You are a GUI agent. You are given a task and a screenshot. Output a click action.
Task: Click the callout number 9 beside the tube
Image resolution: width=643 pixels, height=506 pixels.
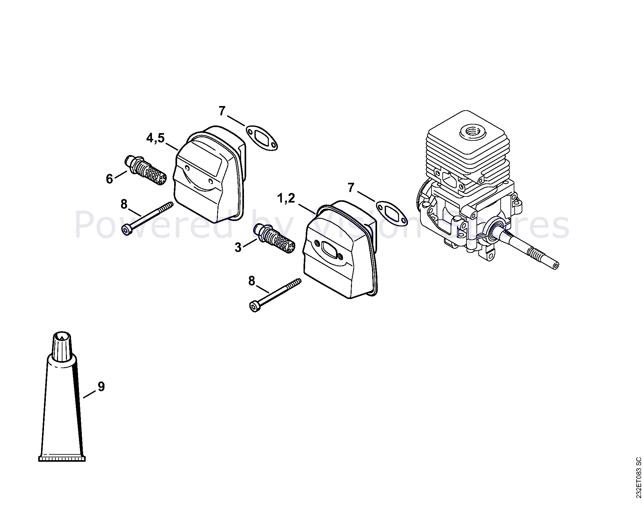click(101, 386)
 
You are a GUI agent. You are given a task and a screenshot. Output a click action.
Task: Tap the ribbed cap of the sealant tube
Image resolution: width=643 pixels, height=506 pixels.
click(62, 346)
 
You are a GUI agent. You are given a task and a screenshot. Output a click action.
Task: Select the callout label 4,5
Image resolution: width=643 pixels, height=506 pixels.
click(155, 138)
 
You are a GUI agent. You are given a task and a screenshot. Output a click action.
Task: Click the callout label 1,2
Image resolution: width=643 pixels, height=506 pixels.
click(286, 198)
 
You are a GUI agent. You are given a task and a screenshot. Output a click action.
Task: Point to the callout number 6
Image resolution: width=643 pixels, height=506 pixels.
click(110, 179)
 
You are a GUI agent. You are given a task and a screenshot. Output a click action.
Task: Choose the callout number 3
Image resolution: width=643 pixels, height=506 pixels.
click(238, 247)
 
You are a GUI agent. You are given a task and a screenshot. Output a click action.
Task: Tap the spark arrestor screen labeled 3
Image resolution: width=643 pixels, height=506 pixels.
click(274, 239)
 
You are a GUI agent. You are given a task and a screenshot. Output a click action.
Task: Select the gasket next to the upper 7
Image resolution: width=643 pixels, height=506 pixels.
click(261, 138)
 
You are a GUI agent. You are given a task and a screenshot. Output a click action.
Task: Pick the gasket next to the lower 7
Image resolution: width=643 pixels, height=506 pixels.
click(391, 213)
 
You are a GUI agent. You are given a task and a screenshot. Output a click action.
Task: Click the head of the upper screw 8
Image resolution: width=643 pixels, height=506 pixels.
click(126, 229)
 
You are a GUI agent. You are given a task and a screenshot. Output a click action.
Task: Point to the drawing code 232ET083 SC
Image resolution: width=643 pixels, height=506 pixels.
click(638, 477)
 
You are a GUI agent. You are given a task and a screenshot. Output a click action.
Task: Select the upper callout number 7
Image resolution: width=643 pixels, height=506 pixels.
click(222, 111)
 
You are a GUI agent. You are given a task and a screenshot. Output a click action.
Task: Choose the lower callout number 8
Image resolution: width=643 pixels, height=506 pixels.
click(252, 281)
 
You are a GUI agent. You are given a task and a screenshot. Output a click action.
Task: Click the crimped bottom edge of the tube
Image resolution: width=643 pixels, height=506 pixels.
click(62, 459)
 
